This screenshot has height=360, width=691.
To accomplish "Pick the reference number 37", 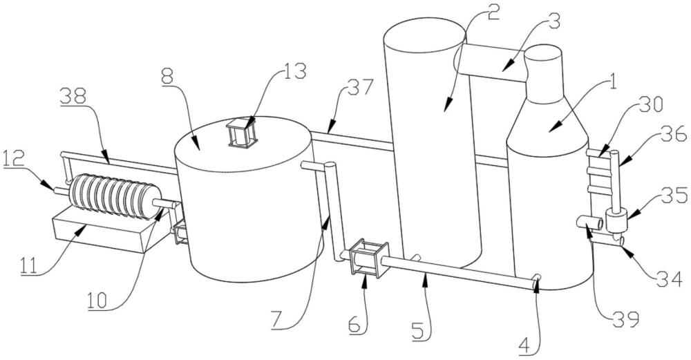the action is click(360, 88).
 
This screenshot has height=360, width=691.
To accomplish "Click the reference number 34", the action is click(670, 279).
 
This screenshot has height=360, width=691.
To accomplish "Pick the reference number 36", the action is click(674, 134).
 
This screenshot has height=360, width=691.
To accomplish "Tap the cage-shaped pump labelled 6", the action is click(368, 258).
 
